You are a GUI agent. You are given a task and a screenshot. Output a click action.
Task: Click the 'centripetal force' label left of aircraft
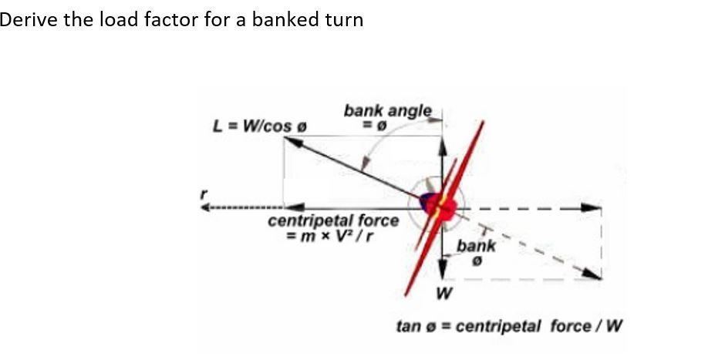(x=334, y=221)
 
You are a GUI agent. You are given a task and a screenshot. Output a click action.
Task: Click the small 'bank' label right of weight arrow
(x=476, y=246)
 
